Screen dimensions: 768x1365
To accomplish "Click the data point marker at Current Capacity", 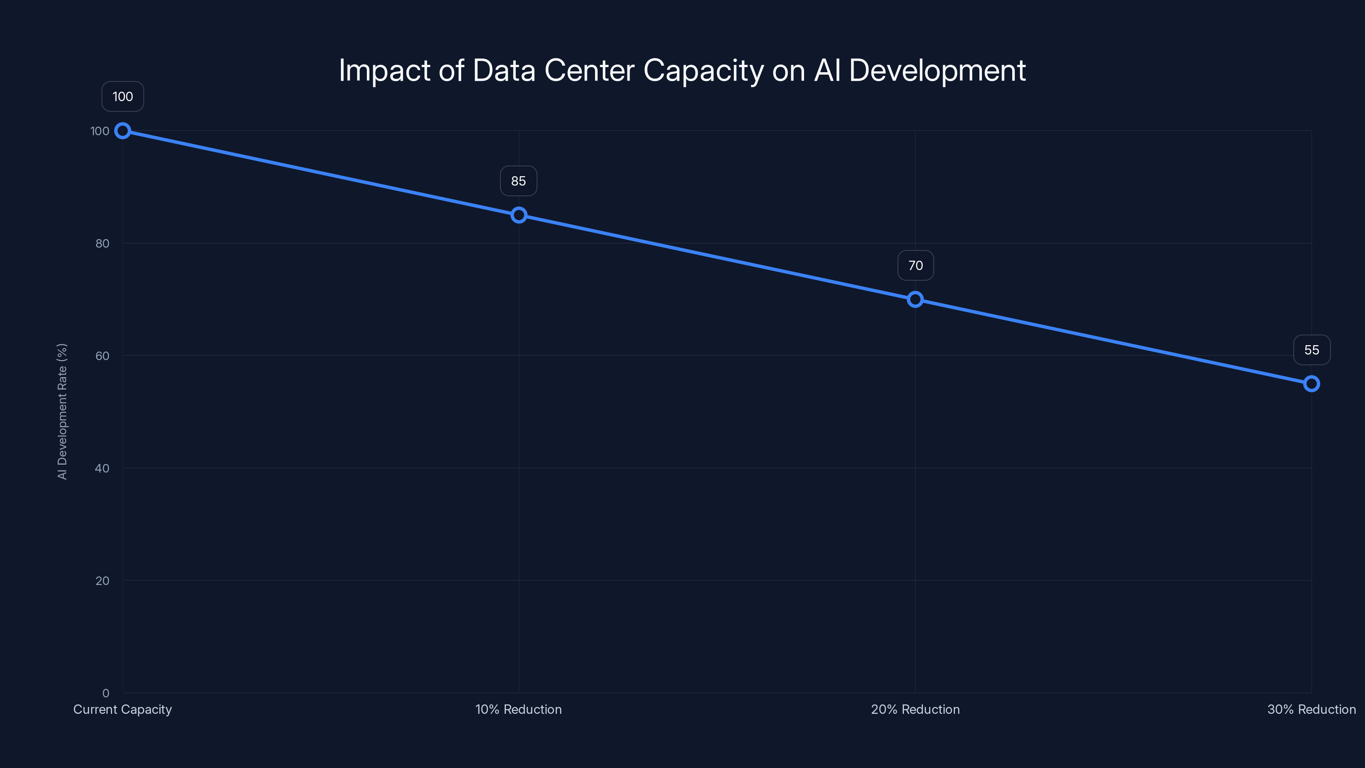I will point(122,131).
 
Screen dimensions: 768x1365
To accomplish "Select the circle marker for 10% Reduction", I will point(519,215).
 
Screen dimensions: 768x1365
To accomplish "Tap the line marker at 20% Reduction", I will point(915,300).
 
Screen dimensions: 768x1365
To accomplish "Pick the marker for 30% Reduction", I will point(1312,384).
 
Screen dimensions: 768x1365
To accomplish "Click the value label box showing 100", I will point(122,96).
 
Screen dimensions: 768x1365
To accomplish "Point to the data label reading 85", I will point(518,181).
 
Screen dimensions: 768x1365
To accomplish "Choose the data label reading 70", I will point(915,265).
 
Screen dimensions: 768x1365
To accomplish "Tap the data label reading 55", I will point(1312,350).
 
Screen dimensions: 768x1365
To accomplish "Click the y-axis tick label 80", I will point(102,243).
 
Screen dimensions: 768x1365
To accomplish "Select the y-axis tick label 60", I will point(102,356).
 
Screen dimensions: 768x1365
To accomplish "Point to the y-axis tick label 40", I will point(102,468).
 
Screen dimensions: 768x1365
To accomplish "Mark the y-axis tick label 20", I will point(102,580).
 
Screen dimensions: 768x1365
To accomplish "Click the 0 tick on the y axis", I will point(105,693).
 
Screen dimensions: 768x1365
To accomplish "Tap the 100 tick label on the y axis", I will point(100,131).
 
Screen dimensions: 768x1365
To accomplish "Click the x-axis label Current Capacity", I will point(122,709).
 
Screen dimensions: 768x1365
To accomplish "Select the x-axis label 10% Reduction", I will point(518,709).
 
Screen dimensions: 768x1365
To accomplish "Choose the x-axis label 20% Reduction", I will point(915,709).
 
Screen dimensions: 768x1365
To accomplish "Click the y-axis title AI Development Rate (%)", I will point(62,411).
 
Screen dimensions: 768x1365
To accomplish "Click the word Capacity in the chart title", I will point(703,71).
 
